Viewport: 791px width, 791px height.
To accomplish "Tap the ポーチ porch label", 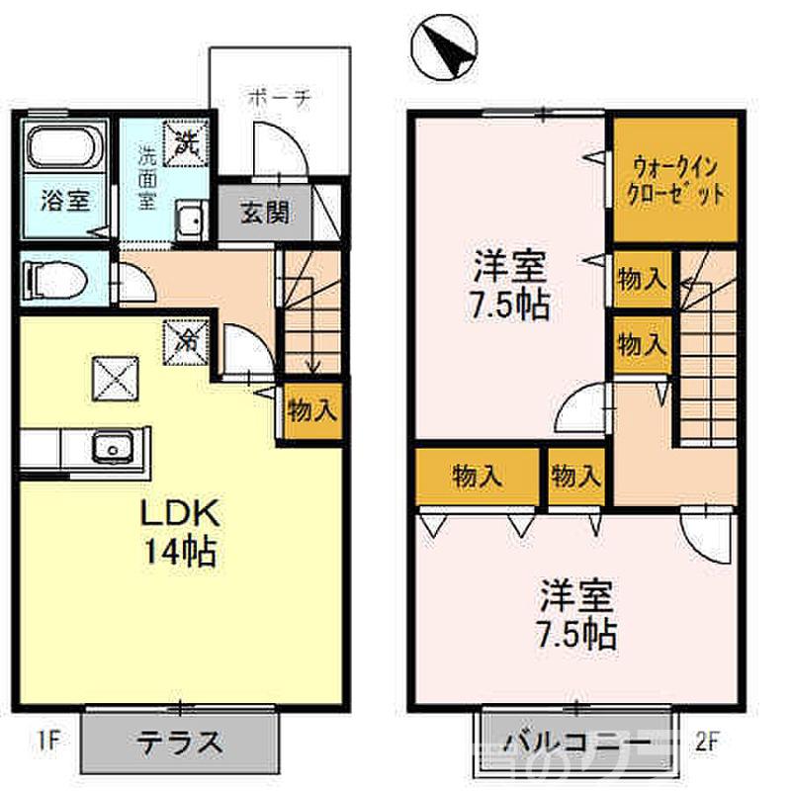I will point(280,98).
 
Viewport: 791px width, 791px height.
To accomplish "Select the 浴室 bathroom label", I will point(65,201).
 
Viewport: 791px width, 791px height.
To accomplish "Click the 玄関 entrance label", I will point(264,213).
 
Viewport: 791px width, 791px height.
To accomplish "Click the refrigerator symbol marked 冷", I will point(188,342).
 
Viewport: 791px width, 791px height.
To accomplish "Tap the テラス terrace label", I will point(179,741).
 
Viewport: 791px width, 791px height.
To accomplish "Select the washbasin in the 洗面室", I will point(190,219).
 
